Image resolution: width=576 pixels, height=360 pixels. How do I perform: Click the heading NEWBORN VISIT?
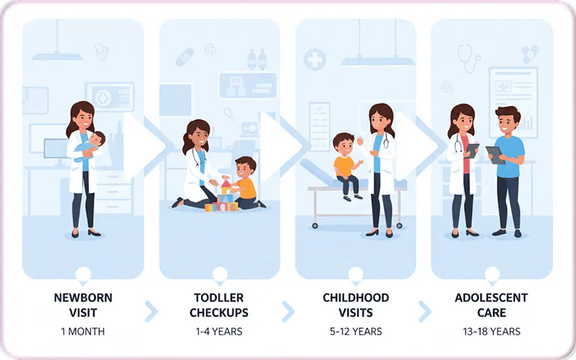[82, 305]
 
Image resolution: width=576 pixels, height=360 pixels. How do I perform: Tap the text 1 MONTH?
[83, 332]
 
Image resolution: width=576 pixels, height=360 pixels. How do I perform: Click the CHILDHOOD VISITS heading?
[356, 305]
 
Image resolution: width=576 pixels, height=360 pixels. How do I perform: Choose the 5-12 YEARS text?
[356, 332]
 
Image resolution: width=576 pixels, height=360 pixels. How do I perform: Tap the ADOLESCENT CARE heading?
[491, 305]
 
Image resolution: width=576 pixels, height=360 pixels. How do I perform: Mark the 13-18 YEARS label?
[491, 332]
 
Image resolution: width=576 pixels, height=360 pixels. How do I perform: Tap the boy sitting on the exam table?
[347, 164]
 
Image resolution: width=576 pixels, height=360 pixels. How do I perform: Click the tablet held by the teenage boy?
[495, 154]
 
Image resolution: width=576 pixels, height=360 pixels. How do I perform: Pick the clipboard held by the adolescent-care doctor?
[472, 150]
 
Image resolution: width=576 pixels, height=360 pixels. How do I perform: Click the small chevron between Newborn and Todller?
[151, 311]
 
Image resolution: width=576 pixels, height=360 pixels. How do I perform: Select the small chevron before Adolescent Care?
[425, 311]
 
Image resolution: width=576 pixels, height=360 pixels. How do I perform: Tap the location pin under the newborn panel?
[83, 274]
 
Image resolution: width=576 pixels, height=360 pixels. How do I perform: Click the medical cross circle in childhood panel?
[315, 59]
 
